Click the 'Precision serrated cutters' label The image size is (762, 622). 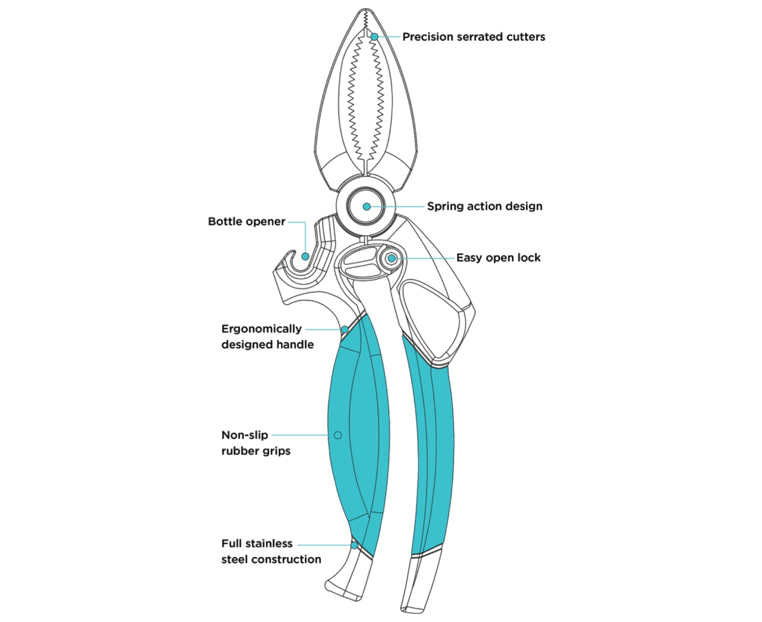tap(473, 37)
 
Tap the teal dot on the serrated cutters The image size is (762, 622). tap(374, 37)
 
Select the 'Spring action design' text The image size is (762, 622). tap(484, 206)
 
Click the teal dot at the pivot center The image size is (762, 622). tap(367, 206)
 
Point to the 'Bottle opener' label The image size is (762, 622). tap(246, 222)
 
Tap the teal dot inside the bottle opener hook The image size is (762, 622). tap(305, 256)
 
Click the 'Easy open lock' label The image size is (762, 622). tap(498, 258)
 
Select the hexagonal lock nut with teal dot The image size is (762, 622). tap(392, 258)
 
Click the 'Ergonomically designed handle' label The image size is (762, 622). tap(267, 337)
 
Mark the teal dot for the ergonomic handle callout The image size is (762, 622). tap(345, 329)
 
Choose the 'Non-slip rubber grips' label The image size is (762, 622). tap(256, 443)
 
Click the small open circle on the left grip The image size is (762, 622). tap(338, 435)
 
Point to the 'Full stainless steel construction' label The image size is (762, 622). tap(271, 551)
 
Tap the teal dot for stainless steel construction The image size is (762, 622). tap(354, 545)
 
